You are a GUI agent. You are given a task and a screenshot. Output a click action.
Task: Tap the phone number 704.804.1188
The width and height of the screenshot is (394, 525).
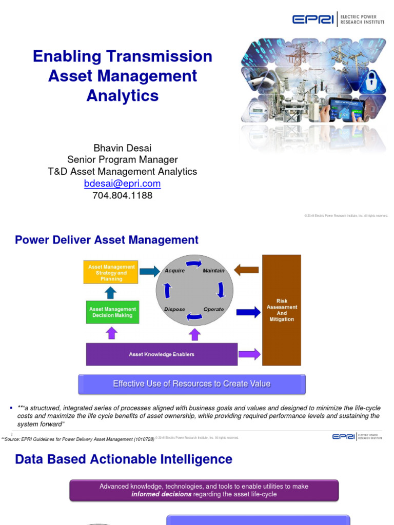pyautogui.click(x=122, y=195)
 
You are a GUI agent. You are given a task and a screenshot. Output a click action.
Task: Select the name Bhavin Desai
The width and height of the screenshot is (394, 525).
pyautogui.click(x=122, y=148)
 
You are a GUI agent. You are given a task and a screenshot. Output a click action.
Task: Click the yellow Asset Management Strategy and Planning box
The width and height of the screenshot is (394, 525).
pyautogui.click(x=111, y=273)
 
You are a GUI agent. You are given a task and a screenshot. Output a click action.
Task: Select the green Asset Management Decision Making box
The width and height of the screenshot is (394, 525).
pyautogui.click(x=112, y=312)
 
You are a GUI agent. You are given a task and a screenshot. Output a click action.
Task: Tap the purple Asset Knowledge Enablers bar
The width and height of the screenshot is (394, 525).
pyautogui.click(x=162, y=354)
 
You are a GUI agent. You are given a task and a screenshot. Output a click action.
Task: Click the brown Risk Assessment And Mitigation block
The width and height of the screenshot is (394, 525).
pyautogui.click(x=282, y=310)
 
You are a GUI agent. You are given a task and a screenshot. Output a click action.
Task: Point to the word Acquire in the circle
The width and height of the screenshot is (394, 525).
pyautogui.click(x=174, y=271)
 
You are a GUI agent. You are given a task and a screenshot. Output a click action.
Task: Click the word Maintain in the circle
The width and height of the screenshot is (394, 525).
pyautogui.click(x=213, y=271)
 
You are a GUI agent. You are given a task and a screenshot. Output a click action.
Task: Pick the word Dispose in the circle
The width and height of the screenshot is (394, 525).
pyautogui.click(x=174, y=309)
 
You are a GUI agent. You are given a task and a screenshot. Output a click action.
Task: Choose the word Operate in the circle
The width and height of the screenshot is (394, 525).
pyautogui.click(x=213, y=309)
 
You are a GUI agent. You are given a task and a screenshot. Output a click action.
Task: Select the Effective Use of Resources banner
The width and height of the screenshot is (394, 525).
pyautogui.click(x=191, y=383)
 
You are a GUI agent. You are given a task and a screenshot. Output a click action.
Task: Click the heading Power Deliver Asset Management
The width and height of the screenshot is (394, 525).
pyautogui.click(x=107, y=240)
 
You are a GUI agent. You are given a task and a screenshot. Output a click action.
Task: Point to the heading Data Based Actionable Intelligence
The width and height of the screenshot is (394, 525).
pyautogui.click(x=124, y=459)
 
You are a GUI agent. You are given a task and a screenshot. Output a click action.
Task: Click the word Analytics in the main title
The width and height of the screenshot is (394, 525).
pyautogui.click(x=122, y=95)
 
